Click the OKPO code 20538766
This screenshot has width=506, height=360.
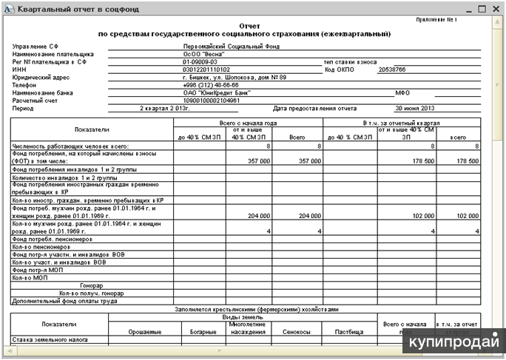(x=392, y=69)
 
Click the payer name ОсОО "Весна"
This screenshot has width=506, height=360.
(x=203, y=54)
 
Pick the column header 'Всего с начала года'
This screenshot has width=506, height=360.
(x=248, y=123)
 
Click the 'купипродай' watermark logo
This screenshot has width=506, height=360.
(x=459, y=342)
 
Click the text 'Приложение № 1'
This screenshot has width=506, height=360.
(x=460, y=19)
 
